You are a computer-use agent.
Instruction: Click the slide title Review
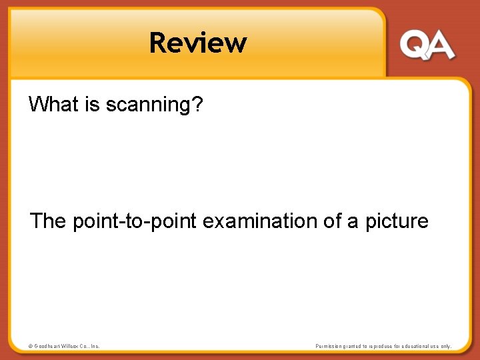198,43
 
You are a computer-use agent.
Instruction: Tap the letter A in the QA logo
441,46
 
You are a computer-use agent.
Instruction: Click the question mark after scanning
197,104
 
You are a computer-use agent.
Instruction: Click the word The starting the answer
47,221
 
